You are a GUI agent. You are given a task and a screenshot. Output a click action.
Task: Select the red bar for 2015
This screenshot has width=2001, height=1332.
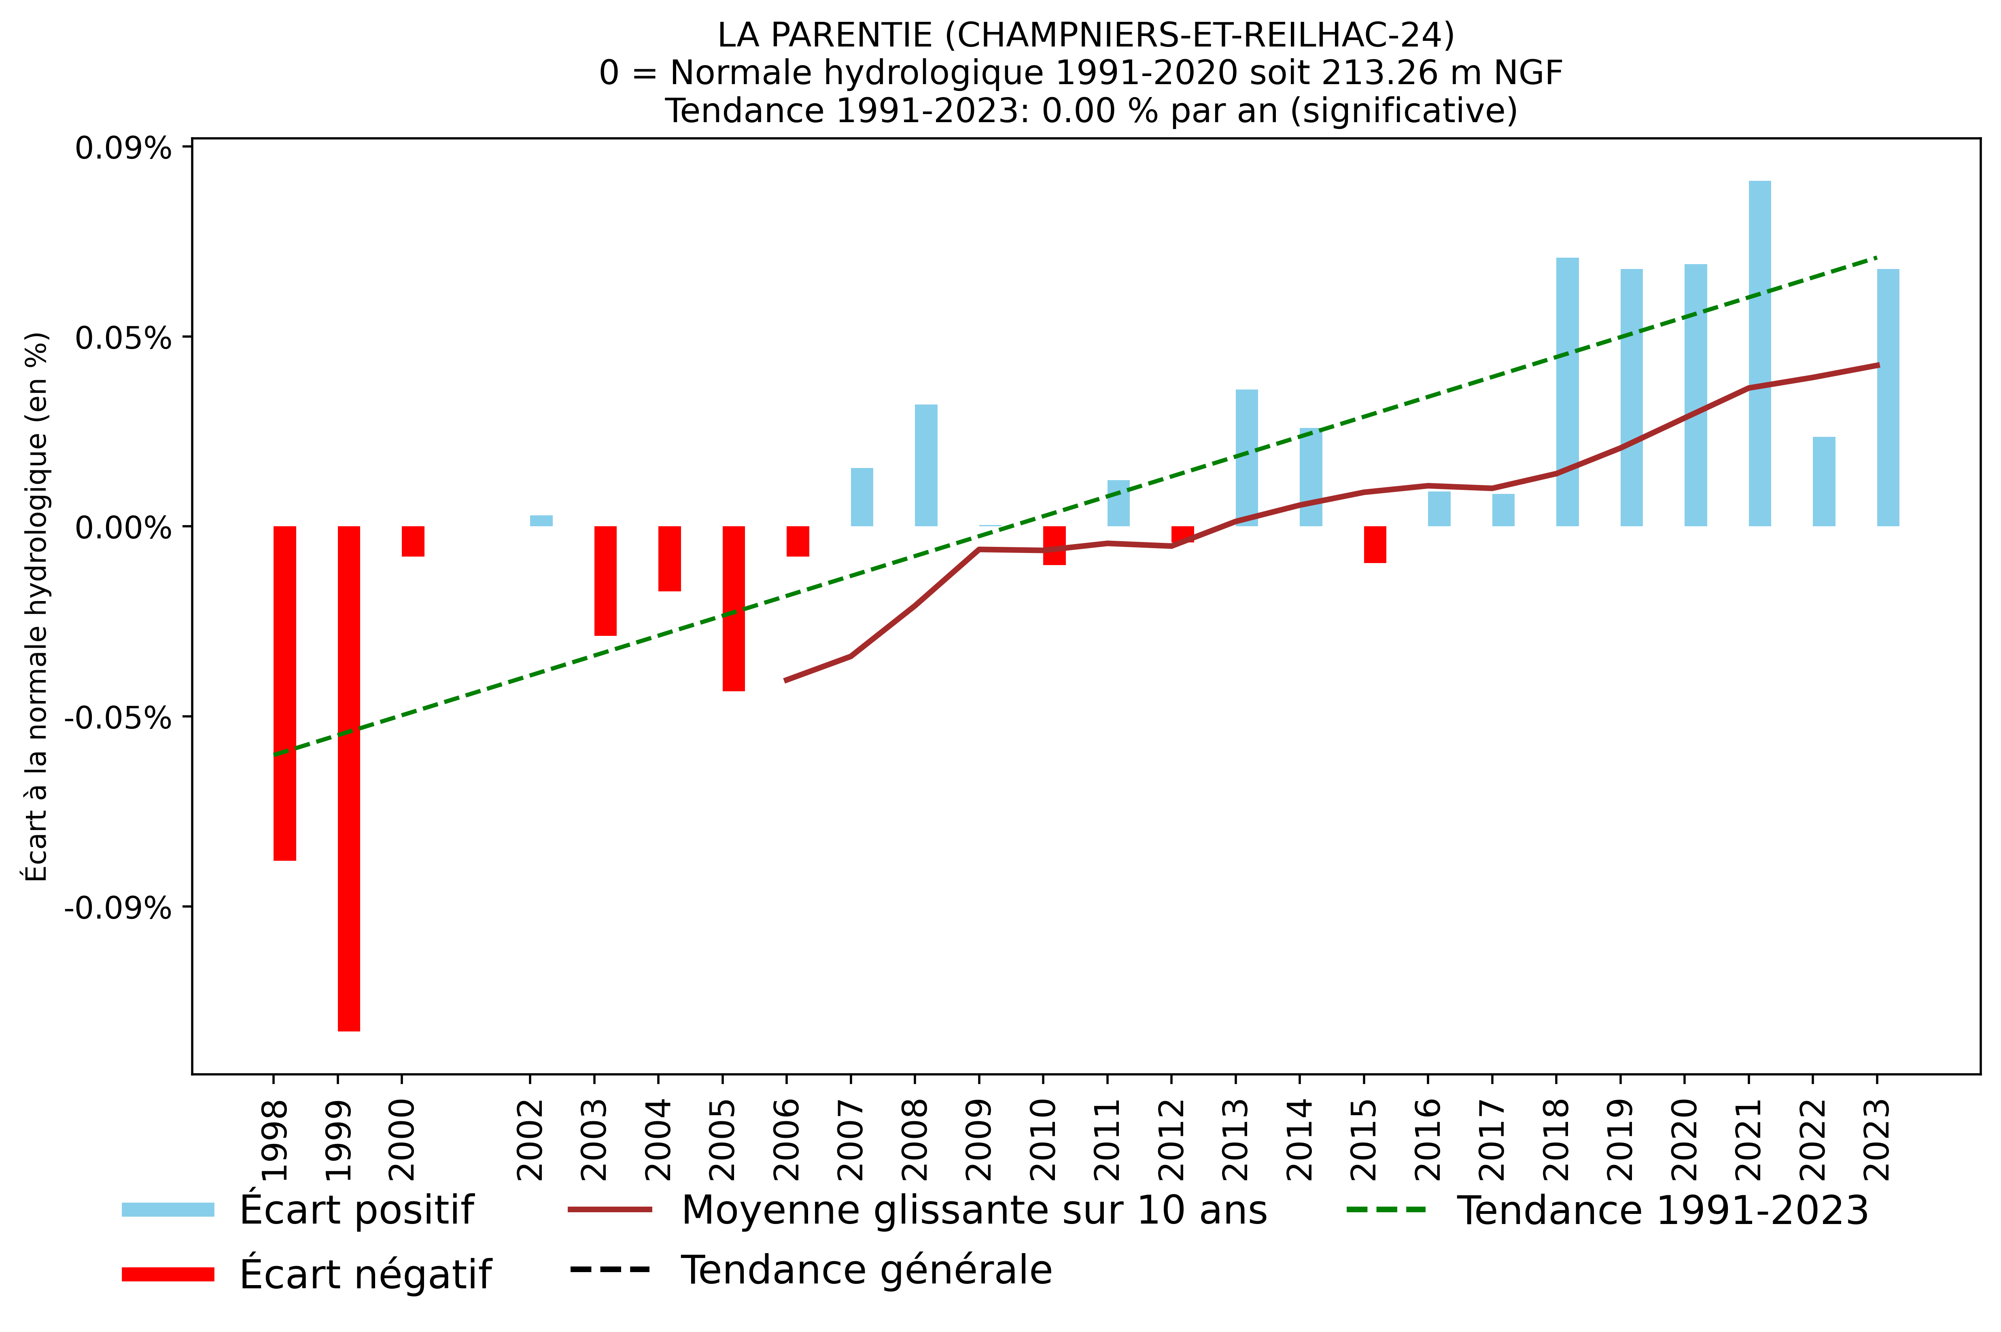click(x=1375, y=544)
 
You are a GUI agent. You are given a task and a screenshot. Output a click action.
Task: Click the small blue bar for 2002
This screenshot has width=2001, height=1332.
click(x=541, y=521)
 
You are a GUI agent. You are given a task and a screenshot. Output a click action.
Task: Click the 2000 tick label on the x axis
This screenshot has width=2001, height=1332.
click(x=402, y=1138)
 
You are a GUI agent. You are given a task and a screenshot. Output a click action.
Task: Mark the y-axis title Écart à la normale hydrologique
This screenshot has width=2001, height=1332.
click(x=36, y=606)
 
